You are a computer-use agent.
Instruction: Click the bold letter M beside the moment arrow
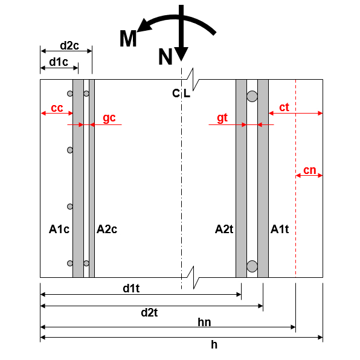tap(128, 39)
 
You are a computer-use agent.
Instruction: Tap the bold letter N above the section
tap(166, 57)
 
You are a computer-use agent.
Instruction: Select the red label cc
tap(57, 108)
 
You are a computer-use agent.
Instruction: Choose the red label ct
tap(284, 107)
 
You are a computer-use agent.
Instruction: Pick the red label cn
tap(309, 170)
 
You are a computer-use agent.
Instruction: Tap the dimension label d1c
tap(59, 61)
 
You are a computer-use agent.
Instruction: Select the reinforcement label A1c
tap(59, 229)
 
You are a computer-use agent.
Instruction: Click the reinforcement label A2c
tap(107, 229)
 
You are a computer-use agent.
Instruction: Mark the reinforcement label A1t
tap(280, 229)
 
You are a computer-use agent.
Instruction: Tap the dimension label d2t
tap(150, 312)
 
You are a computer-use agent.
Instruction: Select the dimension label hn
tap(205, 323)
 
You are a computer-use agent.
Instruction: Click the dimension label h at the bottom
tap(214, 344)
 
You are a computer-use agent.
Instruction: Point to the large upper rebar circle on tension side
tap(252, 96)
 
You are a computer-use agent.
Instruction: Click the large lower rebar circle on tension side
tap(252, 266)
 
